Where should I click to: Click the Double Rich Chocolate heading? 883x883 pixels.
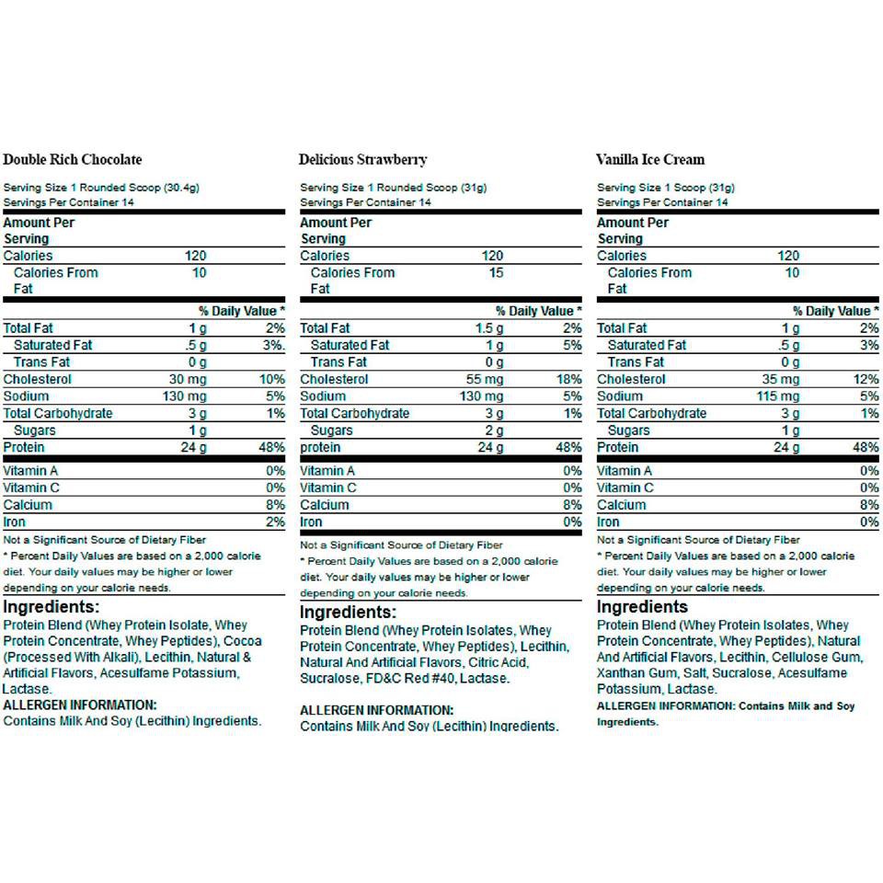73,159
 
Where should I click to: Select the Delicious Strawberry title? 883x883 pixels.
362,159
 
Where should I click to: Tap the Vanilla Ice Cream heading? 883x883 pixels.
650,159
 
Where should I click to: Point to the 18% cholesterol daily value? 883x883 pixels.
570,379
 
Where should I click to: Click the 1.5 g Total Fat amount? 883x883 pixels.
488,328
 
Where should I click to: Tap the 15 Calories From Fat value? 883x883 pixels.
496,272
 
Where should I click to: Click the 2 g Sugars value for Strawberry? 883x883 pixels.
495,430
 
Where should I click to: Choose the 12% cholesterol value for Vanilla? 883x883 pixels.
866,379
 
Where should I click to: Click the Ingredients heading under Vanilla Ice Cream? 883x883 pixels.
642,607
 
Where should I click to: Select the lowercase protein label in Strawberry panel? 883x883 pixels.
320,448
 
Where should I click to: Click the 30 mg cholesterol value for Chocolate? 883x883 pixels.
186,379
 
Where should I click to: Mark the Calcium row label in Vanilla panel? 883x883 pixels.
621,505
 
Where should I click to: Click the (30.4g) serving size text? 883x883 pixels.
182,188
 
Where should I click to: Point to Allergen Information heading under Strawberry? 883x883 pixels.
377,710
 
